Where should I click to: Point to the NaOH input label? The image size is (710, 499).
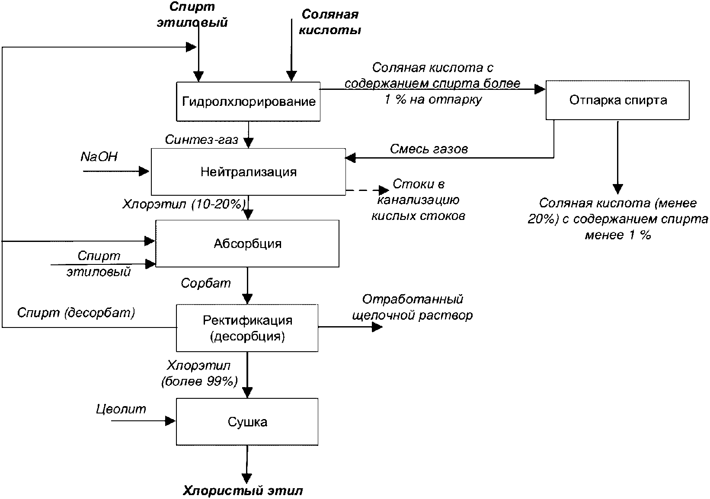(x=99, y=157)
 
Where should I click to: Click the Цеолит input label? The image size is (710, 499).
(x=121, y=409)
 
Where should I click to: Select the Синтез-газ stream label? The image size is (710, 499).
(x=201, y=140)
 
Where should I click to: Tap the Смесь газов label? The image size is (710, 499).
(x=429, y=149)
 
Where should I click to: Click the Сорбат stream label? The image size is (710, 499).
(x=206, y=283)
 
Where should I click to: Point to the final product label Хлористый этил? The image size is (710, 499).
(x=243, y=490)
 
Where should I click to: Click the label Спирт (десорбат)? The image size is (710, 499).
(x=76, y=312)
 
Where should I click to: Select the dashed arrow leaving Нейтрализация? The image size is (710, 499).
(x=367, y=190)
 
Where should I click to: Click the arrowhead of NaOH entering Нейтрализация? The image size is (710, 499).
(x=144, y=171)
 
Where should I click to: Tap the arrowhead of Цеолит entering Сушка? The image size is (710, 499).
(x=170, y=421)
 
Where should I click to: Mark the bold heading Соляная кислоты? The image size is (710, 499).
(x=330, y=22)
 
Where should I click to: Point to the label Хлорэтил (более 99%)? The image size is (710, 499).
(x=199, y=373)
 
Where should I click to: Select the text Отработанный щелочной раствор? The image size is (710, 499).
(x=413, y=307)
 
